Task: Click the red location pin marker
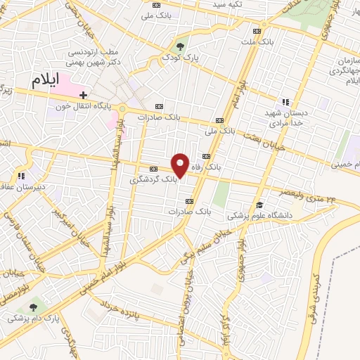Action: pos(181,165)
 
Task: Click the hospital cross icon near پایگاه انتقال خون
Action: pos(84,95)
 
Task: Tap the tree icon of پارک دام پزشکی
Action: pos(33,307)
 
